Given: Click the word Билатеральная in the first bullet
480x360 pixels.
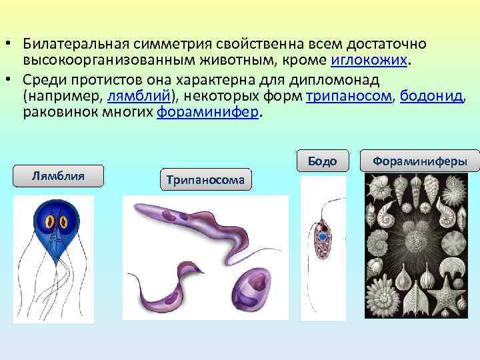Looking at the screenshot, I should [71, 44].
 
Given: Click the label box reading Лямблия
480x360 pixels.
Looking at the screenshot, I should [58, 176].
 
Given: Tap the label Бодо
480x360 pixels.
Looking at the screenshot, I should [323, 161].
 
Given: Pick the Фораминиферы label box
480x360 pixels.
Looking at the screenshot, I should [420, 161].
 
